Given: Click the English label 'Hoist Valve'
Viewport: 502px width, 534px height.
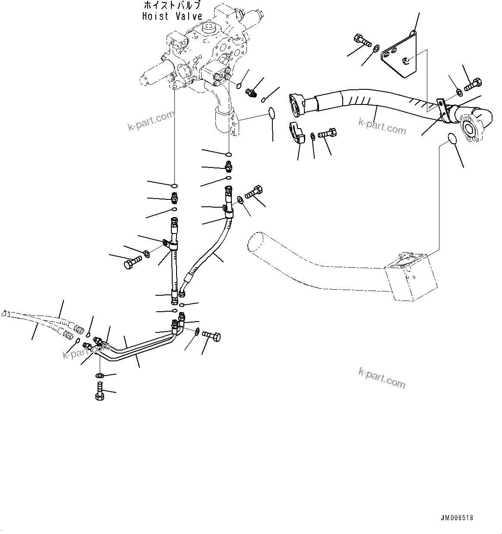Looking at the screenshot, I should click(172, 16).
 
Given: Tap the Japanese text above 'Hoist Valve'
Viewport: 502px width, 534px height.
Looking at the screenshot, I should click(172, 6).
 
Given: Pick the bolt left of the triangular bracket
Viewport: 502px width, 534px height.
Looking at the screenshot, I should click(362, 41).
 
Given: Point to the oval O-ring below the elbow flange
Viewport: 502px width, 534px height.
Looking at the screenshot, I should click(451, 139).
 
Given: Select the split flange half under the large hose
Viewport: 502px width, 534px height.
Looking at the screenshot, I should click(297, 132).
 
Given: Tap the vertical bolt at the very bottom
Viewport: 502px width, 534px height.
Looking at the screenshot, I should click(99, 391).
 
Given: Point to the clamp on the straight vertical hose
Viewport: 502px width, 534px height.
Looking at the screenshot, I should click(171, 245).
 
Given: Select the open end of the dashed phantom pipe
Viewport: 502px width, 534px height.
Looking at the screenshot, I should click(255, 242).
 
